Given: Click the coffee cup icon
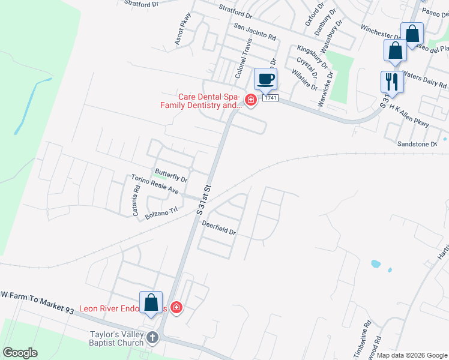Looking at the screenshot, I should tap(265, 79).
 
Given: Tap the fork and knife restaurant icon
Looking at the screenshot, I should tap(392, 82).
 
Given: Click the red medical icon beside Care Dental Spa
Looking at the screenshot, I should tap(250, 100).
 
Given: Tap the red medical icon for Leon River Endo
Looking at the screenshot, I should tap(176, 308).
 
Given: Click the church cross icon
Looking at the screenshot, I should tap(152, 337).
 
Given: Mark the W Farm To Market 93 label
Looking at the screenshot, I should tap(37, 302).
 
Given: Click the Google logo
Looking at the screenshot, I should tap(20, 353).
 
